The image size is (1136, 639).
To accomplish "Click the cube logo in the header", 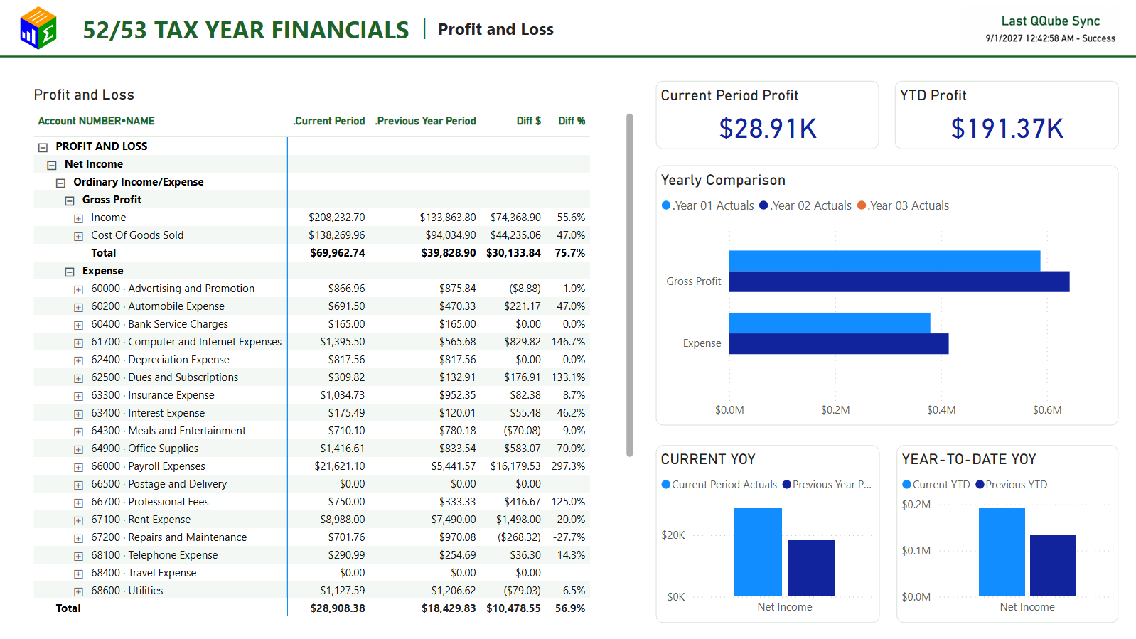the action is (38, 28).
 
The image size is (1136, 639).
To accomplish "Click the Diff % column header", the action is (572, 121).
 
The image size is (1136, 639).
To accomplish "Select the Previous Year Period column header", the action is (426, 121).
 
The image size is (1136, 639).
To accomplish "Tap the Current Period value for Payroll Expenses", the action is (339, 466).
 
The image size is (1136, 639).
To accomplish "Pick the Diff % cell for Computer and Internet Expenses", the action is (568, 342).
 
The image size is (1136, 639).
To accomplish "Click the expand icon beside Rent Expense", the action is (79, 520).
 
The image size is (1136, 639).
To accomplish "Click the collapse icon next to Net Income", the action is (52, 166).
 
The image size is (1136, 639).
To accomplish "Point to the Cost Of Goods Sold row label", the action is (137, 235).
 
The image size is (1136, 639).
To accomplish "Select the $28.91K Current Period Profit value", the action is (768, 129).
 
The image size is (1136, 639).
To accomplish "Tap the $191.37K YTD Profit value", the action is (1007, 129).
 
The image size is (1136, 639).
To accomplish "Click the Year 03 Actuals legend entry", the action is (903, 205).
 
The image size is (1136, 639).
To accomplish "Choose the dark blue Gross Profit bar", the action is (899, 281).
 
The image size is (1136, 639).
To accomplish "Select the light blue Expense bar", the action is (830, 323).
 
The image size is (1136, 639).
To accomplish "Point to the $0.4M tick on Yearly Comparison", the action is (941, 410).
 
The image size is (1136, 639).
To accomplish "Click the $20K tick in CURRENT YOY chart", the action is (673, 535).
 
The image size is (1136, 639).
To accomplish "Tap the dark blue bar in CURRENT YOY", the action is (811, 568).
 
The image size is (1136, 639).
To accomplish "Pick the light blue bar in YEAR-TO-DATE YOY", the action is (1002, 552).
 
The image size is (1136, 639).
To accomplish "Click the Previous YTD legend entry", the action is (1012, 484).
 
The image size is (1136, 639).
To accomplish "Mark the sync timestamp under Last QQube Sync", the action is (1050, 38).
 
